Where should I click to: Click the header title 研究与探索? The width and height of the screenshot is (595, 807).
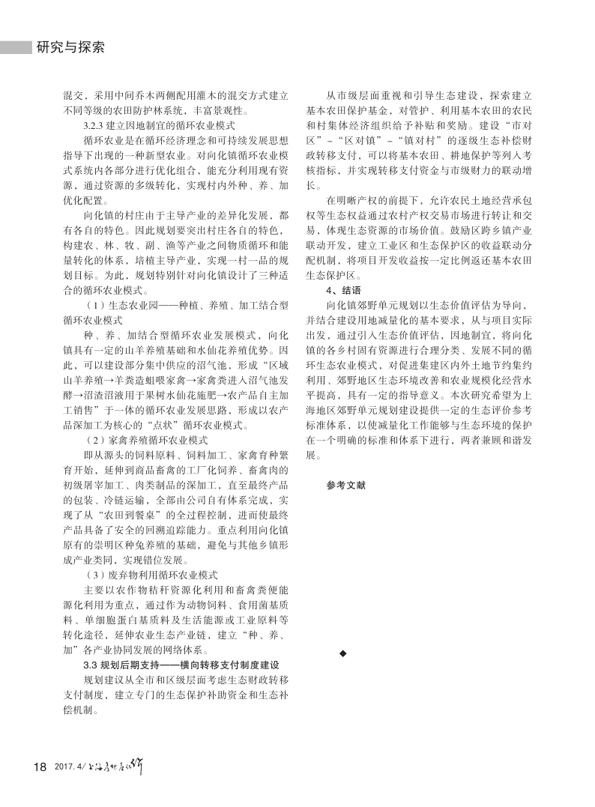70,48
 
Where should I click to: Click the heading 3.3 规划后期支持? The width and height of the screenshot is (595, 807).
180,665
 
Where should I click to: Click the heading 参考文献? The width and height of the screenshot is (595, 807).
345,485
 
